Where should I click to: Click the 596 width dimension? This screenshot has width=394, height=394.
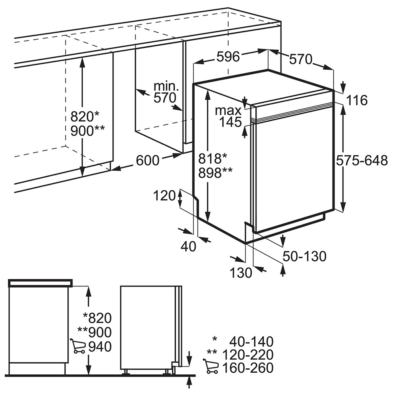pyautogui.click(x=228, y=56)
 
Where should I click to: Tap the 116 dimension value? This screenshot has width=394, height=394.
pyautogui.click(x=357, y=100)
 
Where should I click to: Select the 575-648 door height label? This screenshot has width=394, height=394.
pyautogui.click(x=362, y=160)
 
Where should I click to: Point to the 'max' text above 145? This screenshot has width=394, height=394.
pyautogui.click(x=228, y=111)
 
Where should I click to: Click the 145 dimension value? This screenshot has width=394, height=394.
pyautogui.click(x=230, y=122)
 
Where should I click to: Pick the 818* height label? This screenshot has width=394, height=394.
pyautogui.click(x=212, y=159)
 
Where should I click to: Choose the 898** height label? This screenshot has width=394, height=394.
pyautogui.click(x=216, y=173)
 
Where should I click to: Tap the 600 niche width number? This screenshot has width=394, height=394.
pyautogui.click(x=148, y=160)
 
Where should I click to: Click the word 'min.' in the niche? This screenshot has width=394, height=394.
pyautogui.click(x=166, y=86)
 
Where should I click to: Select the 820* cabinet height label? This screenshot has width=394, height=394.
pyautogui.click(x=85, y=117)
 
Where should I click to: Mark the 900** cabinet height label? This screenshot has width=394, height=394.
pyautogui.click(x=87, y=131)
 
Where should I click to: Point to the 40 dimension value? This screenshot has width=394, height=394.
pyautogui.click(x=188, y=246)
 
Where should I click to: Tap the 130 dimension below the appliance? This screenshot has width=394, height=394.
pyautogui.click(x=241, y=272)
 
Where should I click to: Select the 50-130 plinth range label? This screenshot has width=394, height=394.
pyautogui.click(x=304, y=256)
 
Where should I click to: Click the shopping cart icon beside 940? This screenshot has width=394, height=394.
pyautogui.click(x=77, y=346)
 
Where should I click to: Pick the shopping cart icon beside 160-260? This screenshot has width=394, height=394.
pyautogui.click(x=210, y=366)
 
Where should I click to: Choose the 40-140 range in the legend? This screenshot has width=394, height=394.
pyautogui.click(x=251, y=342)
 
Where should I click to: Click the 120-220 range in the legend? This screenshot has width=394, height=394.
pyautogui.click(x=248, y=355)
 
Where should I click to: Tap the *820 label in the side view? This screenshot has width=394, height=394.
pyautogui.click(x=97, y=318)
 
